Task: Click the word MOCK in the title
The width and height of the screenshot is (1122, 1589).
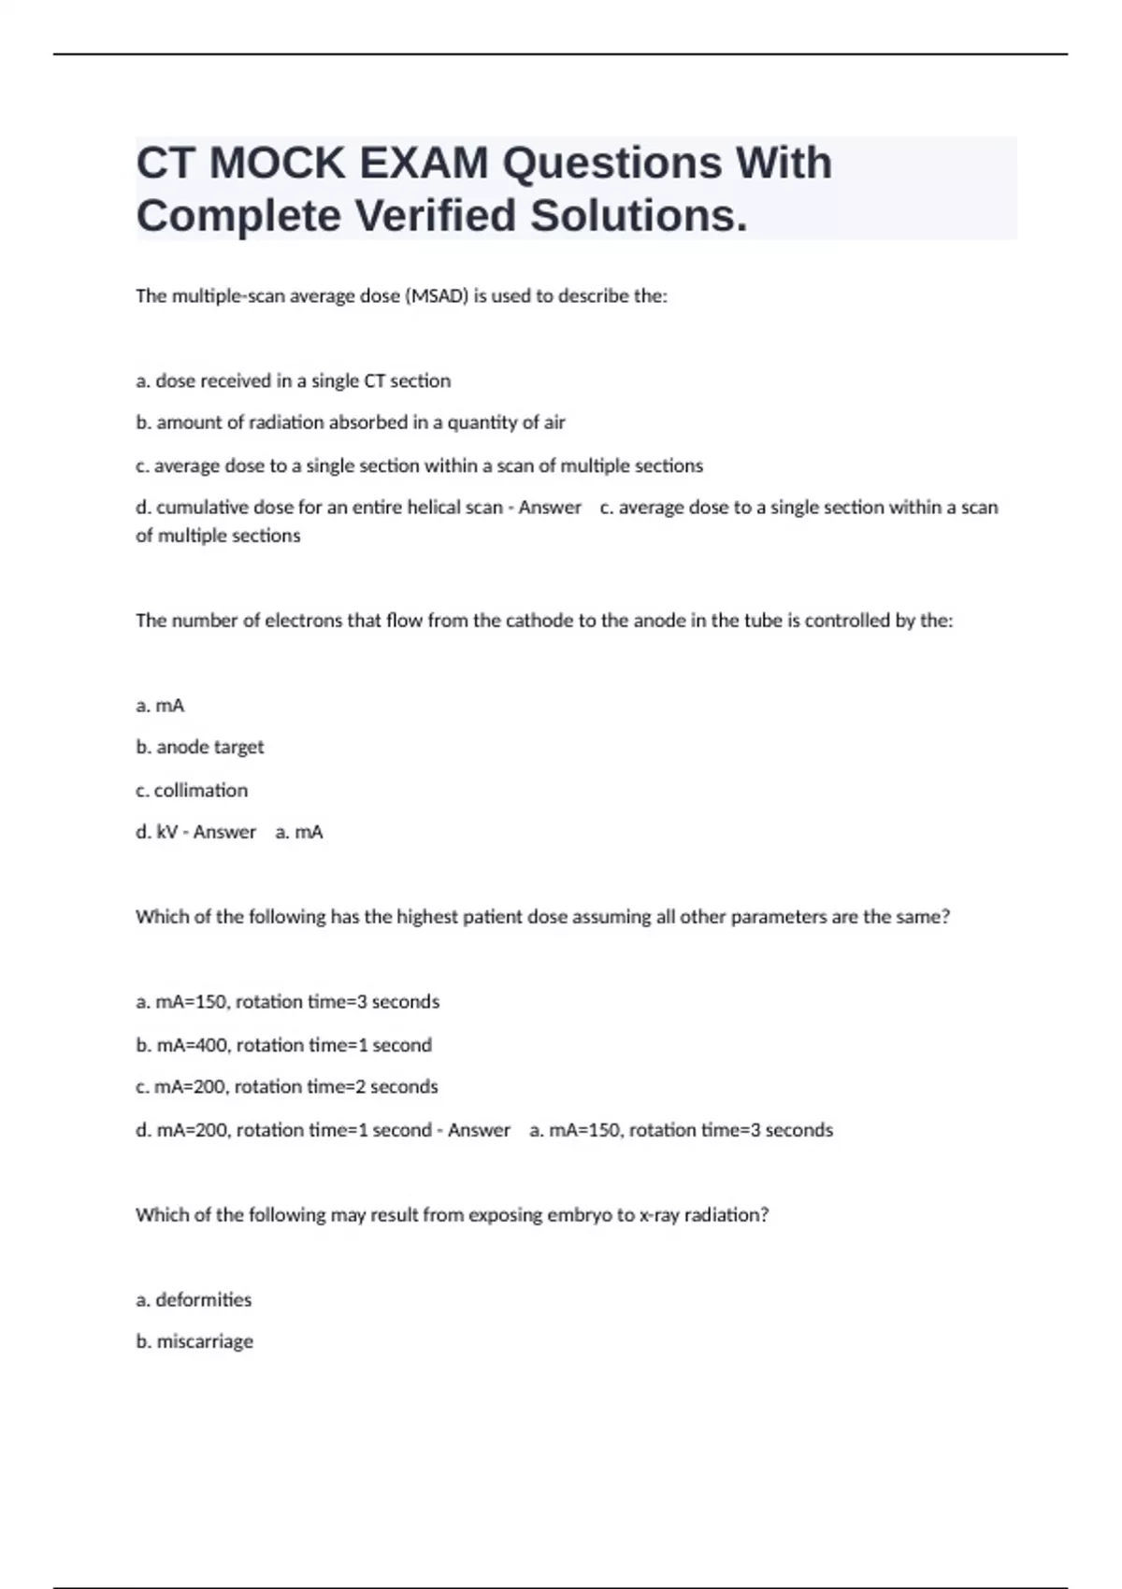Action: [278, 164]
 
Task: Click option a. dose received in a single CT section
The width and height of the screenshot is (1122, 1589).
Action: [293, 381]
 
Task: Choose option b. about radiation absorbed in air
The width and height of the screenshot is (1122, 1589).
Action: [351, 422]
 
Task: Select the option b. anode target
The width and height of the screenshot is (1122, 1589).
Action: [200, 747]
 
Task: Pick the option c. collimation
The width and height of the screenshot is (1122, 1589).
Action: [192, 790]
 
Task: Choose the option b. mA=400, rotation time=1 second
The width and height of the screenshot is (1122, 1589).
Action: [283, 1045]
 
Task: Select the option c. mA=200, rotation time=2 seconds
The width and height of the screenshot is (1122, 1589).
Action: [286, 1087]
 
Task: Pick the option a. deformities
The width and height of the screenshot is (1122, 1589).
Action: [194, 1299]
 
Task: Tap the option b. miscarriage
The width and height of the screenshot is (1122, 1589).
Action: [194, 1341]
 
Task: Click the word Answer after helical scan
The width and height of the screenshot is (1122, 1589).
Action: [550, 508]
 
